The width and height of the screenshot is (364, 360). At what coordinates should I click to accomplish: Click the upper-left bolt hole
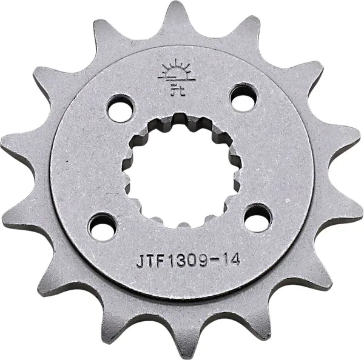(120, 108)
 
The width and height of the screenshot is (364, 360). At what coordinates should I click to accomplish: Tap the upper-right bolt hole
(243, 96)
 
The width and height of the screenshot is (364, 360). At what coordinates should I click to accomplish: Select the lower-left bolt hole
(102, 227)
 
